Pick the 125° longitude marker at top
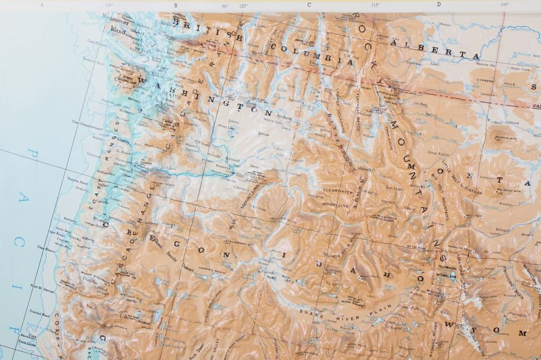tap(109, 5)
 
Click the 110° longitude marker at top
tap(504, 5)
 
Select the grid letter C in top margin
tap(309, 5)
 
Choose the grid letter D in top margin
tap(439, 5)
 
